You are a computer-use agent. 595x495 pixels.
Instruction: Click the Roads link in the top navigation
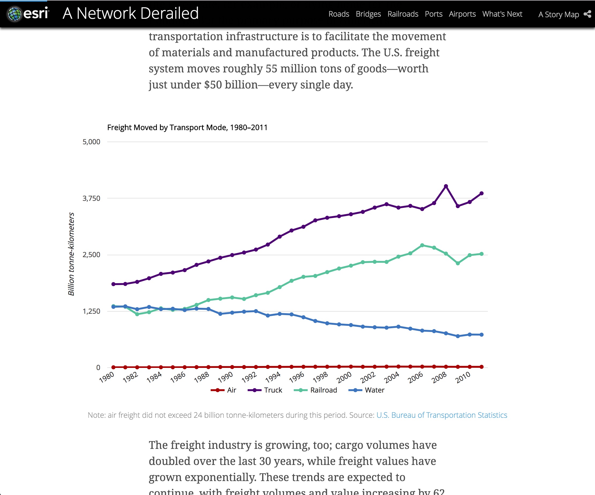pyautogui.click(x=339, y=14)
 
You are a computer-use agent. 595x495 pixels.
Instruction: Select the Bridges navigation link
pyautogui.click(x=368, y=14)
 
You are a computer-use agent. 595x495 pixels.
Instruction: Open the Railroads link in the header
pyautogui.click(x=403, y=14)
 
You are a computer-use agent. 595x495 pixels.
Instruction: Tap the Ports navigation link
pyautogui.click(x=433, y=14)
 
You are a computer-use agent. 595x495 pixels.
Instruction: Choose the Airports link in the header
pyautogui.click(x=462, y=14)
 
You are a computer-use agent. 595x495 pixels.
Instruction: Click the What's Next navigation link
pyautogui.click(x=502, y=14)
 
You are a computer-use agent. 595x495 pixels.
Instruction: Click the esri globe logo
pyautogui.click(x=14, y=14)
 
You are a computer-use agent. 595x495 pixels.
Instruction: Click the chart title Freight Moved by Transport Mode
pyautogui.click(x=187, y=128)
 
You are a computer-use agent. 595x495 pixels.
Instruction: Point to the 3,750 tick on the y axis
pyautogui.click(x=91, y=198)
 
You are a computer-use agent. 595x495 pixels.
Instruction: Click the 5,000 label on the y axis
pyautogui.click(x=91, y=142)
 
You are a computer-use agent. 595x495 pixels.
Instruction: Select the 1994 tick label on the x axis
pyautogui.click(x=273, y=377)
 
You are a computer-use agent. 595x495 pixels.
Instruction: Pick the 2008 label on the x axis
pyautogui.click(x=439, y=377)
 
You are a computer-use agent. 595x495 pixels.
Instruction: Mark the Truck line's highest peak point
pyautogui.click(x=446, y=186)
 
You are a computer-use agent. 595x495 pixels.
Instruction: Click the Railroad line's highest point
pyautogui.click(x=422, y=245)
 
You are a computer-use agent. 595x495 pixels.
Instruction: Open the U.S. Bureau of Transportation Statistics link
pyautogui.click(x=441, y=415)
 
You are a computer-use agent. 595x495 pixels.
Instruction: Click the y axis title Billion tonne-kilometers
pyautogui.click(x=71, y=254)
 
